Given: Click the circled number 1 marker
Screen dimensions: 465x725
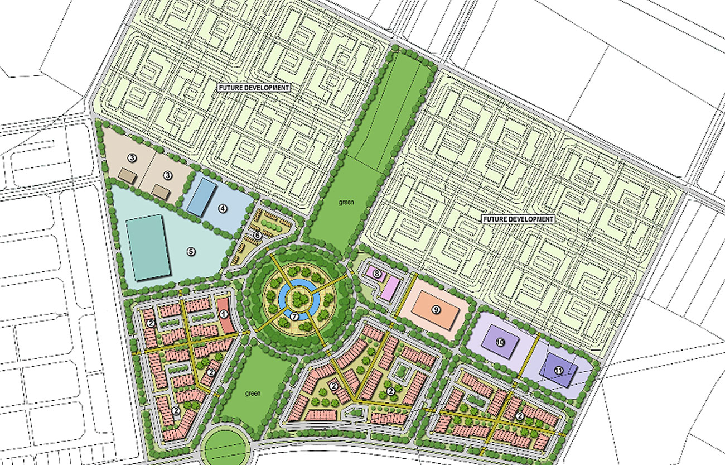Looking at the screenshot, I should click(x=223, y=315).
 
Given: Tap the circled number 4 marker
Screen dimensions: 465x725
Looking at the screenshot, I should click(x=222, y=209).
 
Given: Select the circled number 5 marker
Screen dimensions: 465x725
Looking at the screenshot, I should click(x=191, y=251).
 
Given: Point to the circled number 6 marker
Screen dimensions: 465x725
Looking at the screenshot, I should click(x=257, y=236).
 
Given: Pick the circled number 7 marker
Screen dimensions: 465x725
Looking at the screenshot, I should click(x=294, y=316).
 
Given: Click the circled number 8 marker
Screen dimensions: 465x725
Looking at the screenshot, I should click(x=377, y=274).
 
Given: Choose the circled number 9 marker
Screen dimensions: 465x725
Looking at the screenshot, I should click(x=436, y=309).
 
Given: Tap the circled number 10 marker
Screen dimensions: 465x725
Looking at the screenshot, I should click(x=500, y=341).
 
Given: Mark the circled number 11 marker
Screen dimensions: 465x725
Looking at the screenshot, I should click(x=558, y=370).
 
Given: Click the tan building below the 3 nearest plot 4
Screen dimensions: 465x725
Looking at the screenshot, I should click(x=161, y=192).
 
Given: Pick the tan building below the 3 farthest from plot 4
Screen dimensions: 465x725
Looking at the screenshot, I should click(x=127, y=176).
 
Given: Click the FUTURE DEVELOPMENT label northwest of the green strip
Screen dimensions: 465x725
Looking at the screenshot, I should click(x=254, y=88).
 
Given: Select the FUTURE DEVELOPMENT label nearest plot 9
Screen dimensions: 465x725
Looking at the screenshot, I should click(x=518, y=219).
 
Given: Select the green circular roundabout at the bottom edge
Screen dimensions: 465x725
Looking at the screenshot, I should click(x=224, y=447).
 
